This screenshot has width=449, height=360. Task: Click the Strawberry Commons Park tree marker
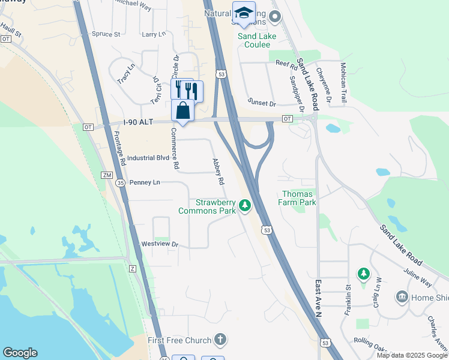[x=245, y=206]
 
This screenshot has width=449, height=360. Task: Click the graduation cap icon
[x=243, y=14]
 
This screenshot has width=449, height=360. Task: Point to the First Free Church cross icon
[x=220, y=340]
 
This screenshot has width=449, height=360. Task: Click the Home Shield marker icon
[x=402, y=296]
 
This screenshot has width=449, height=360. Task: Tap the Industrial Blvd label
[x=148, y=158]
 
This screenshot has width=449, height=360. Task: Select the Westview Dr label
[x=160, y=244]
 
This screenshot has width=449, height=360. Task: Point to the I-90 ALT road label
[x=139, y=122]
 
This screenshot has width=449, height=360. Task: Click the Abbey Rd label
[x=217, y=172]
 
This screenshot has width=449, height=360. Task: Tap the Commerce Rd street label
[x=175, y=148]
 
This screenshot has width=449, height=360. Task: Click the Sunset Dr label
[x=262, y=103]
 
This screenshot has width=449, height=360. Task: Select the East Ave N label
[x=319, y=298]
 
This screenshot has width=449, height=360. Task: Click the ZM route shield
[x=107, y=175]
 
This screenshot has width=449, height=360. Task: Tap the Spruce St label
[x=107, y=34]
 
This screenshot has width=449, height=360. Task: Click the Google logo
[x=20, y=353]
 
